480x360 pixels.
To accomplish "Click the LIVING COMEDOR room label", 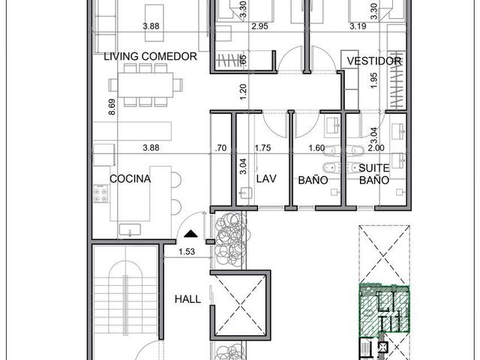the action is pyautogui.click(x=150, y=56).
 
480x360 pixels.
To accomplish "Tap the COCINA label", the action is pyautogui.click(x=130, y=178).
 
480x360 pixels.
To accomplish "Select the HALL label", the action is pyautogui.click(x=187, y=299).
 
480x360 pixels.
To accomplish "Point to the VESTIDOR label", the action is pyautogui.click(x=373, y=61).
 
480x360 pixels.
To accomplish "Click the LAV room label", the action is pyautogui.click(x=266, y=178).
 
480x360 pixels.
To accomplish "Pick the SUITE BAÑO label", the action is pyautogui.click(x=374, y=174).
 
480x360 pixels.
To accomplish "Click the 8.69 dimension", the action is pyautogui.click(x=112, y=106).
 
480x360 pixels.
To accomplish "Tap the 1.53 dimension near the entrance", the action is pyautogui.click(x=187, y=252).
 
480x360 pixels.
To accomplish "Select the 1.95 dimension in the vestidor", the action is pyautogui.click(x=373, y=80).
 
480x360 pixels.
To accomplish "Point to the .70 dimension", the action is pyautogui.click(x=220, y=148).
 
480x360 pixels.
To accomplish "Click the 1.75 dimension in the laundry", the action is pyautogui.click(x=262, y=148).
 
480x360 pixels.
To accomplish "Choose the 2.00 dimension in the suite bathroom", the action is pyautogui.click(x=376, y=148).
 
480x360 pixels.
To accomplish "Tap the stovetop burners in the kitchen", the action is pyautogui.click(x=100, y=193).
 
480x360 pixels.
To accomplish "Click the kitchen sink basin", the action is pyautogui.click(x=130, y=229).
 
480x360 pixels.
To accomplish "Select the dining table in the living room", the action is pyautogui.click(x=145, y=85).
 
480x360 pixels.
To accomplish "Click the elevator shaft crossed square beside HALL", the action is pyautogui.click(x=240, y=305).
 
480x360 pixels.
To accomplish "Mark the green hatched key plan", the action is pyautogui.click(x=384, y=308).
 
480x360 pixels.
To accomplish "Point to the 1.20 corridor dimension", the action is pyautogui.click(x=243, y=91).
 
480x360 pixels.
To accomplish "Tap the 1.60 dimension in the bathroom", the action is pyautogui.click(x=316, y=148).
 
